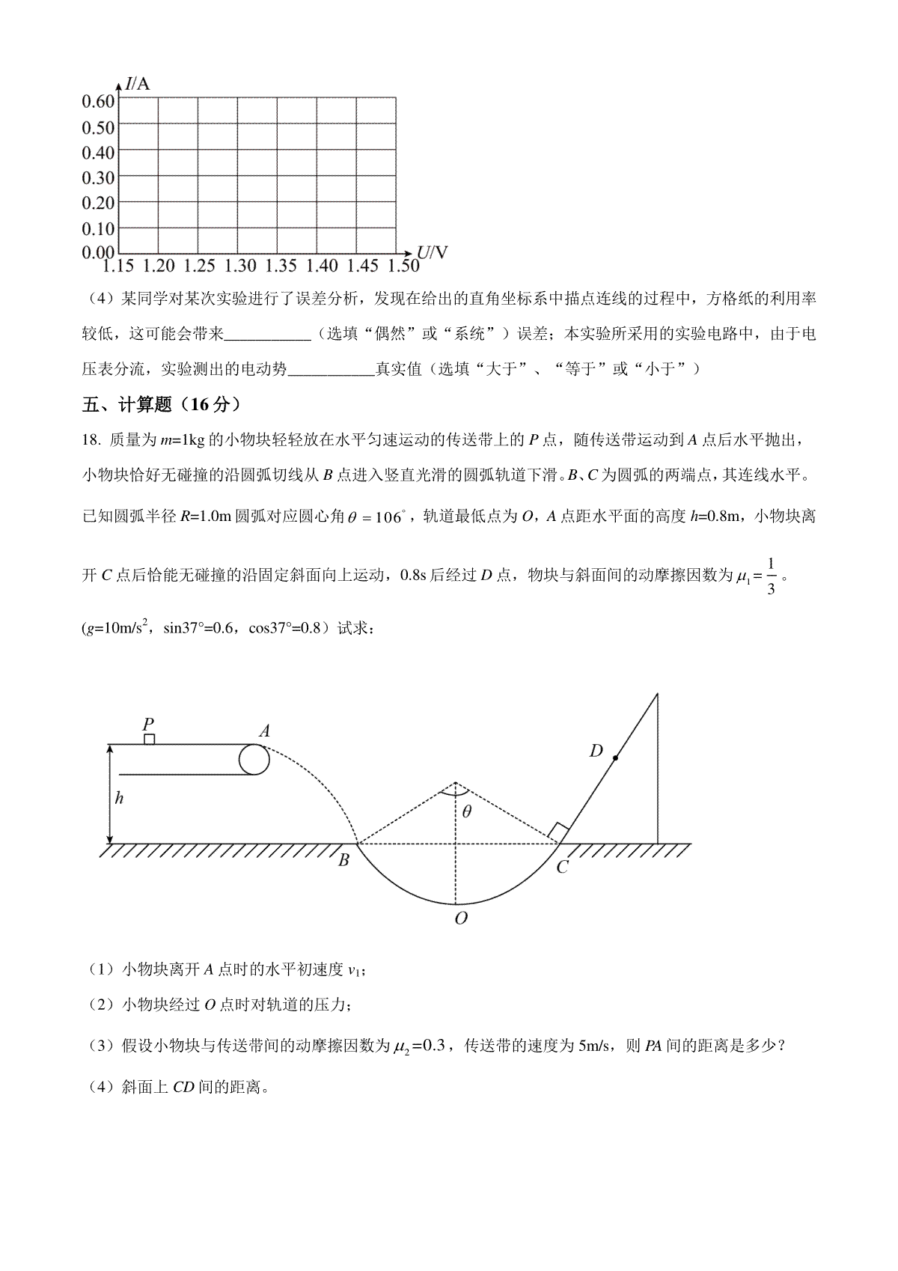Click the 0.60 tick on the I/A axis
[x=98, y=102]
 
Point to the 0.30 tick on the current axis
[x=98, y=177]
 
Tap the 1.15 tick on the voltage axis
[x=118, y=266]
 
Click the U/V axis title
[x=433, y=252]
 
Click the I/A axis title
[x=138, y=84]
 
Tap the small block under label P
[x=149, y=740]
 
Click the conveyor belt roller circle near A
[x=254, y=759]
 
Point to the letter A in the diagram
[x=263, y=731]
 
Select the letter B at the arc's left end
[x=343, y=860]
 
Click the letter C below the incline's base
[x=562, y=867]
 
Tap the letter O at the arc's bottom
[x=461, y=918]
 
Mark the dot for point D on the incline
[x=615, y=758]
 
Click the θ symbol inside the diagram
[x=466, y=811]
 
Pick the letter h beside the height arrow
[x=119, y=798]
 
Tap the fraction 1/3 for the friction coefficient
[x=772, y=576]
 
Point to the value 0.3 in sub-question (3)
[x=433, y=1046]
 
